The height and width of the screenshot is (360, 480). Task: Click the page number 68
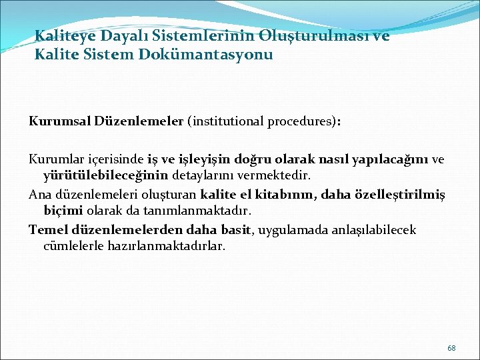(x=451, y=348)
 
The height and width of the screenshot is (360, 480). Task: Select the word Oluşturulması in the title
(x=317, y=36)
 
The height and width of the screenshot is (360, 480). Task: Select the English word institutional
(x=227, y=122)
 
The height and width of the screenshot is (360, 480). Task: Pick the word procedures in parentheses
(x=301, y=122)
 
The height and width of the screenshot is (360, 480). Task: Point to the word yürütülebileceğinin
(x=107, y=176)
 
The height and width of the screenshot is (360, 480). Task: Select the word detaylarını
(x=201, y=176)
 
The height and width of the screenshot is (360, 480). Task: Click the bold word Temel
(x=46, y=230)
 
